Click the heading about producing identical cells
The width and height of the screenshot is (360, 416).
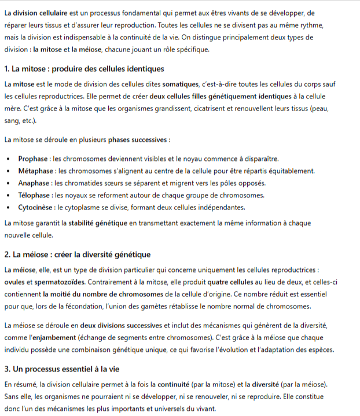pos(84,69)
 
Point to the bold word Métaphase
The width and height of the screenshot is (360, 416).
pos(36,171)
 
